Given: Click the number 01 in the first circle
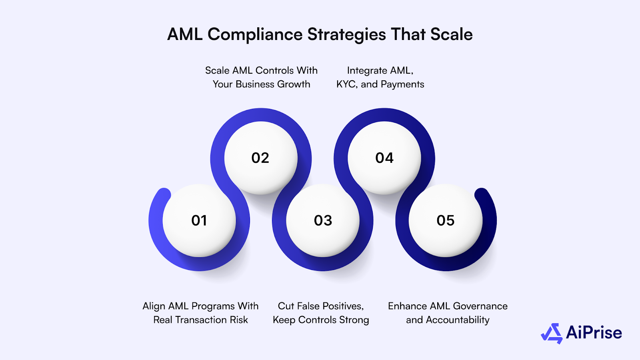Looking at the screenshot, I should (199, 220).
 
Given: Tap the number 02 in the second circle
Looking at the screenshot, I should (260, 158).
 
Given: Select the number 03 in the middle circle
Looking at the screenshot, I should (323, 220).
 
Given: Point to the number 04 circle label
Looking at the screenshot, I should (384, 158).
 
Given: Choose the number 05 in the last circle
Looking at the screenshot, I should (446, 220).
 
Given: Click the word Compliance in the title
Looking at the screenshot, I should (255, 35).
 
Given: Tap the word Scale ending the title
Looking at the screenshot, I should (452, 34).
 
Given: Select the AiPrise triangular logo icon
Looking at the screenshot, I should (552, 333).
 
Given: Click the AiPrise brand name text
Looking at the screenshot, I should (594, 333).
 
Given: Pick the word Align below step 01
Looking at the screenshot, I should (154, 306).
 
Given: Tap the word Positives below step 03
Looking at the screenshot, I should (342, 306).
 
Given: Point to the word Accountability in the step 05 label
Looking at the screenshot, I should (458, 320).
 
